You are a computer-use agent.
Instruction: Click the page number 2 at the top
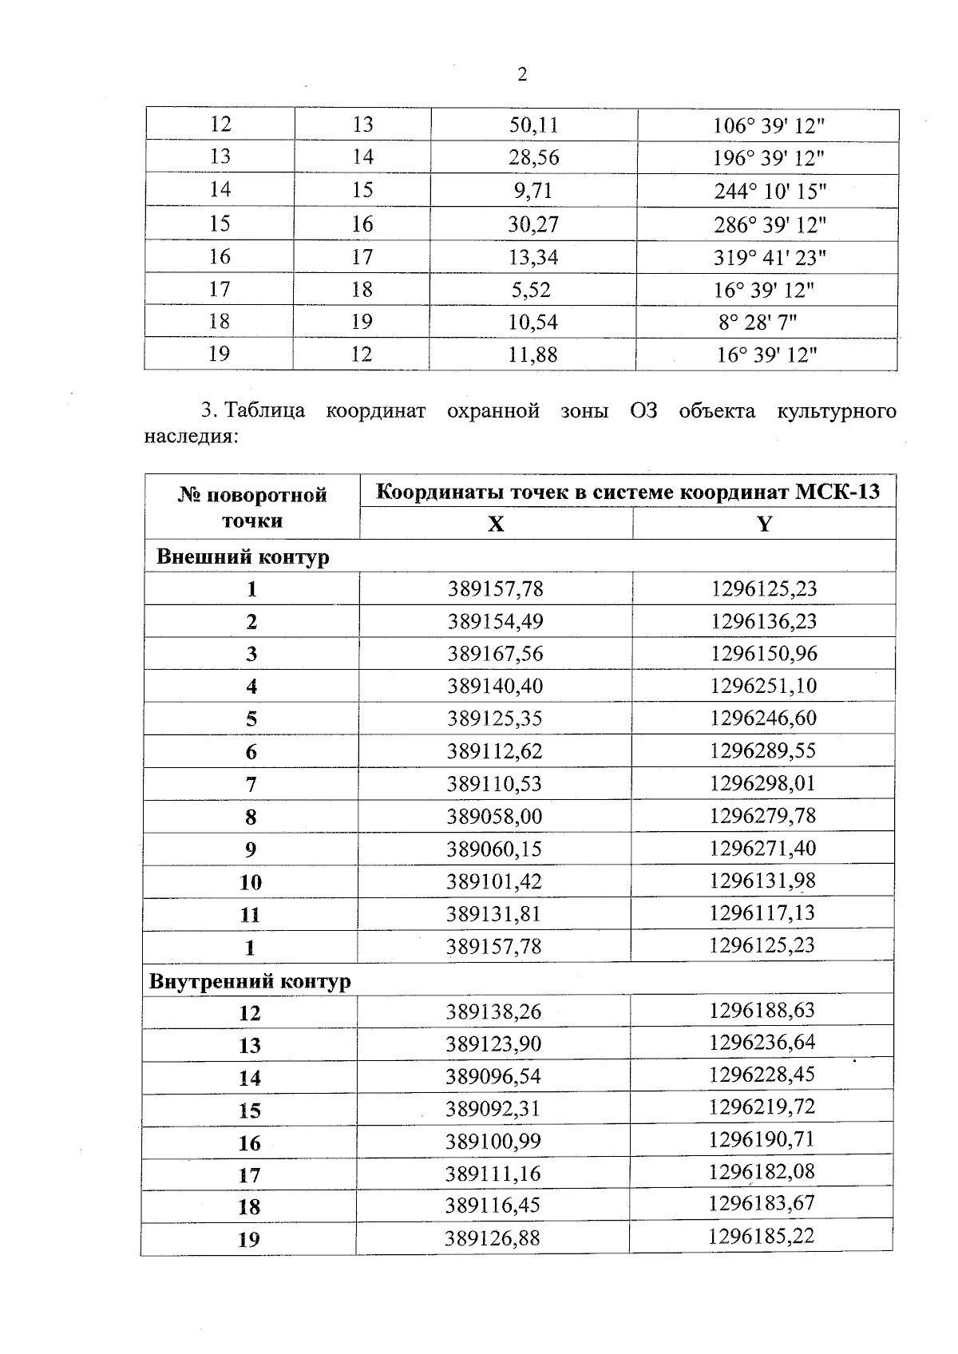[522, 75]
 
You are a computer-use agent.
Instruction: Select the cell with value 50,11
[533, 125]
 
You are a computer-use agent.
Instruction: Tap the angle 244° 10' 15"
[770, 191]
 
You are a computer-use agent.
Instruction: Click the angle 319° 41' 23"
[770, 257]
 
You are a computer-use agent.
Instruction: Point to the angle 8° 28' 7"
[758, 322]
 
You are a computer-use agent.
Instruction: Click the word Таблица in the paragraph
[265, 411]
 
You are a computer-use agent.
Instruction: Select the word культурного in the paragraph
[836, 411]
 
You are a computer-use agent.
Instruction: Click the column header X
[496, 524]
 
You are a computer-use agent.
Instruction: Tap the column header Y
[764, 524]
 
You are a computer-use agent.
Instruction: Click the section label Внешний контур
[243, 556]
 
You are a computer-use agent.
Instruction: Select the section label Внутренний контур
[250, 980]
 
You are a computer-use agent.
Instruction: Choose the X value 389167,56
[495, 654]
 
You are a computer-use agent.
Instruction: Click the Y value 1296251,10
[763, 686]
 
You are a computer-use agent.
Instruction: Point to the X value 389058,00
[494, 816]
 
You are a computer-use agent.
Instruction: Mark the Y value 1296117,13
[762, 913]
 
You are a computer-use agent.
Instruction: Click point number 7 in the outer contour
[251, 785]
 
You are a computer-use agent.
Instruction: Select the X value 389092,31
[493, 1109]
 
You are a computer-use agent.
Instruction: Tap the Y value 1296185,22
[761, 1237]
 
